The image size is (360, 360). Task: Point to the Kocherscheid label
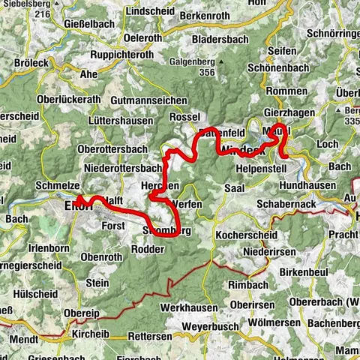(242, 235)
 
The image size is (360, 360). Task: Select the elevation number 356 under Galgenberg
(198, 72)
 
